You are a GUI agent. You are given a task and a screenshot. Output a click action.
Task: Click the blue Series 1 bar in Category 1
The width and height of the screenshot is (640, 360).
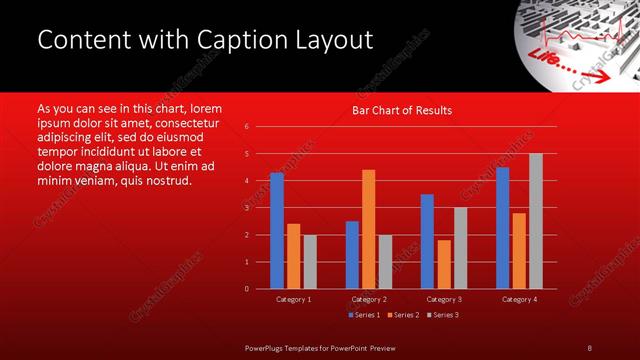click(277, 231)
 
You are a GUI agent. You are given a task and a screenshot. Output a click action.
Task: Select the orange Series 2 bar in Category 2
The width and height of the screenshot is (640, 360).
click(368, 229)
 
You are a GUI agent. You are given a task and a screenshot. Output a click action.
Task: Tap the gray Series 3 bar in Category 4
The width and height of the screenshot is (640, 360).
click(535, 221)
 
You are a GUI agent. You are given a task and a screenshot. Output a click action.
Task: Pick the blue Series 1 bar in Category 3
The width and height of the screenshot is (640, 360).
click(427, 241)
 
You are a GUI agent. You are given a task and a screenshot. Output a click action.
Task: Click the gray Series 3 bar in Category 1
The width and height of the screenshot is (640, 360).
click(309, 262)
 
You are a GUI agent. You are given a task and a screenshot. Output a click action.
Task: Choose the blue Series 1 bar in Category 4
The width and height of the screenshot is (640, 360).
click(502, 228)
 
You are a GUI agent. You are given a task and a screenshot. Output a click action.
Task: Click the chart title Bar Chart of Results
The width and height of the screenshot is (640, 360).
click(402, 110)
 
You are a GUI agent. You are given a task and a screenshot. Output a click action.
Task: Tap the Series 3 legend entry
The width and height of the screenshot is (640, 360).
click(443, 315)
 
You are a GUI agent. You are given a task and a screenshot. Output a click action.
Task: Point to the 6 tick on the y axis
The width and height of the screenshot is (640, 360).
click(246, 127)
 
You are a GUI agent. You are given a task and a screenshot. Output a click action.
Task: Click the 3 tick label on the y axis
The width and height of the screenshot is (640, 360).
click(246, 208)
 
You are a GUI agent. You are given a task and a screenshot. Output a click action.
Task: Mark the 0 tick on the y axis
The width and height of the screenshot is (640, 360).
click(246, 289)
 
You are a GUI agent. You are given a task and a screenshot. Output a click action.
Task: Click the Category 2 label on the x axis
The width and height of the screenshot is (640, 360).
click(368, 299)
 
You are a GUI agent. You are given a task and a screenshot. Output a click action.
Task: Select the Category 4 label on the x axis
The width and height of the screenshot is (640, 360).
click(518, 299)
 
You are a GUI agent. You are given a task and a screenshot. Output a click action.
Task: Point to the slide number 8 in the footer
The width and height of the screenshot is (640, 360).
click(589, 347)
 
